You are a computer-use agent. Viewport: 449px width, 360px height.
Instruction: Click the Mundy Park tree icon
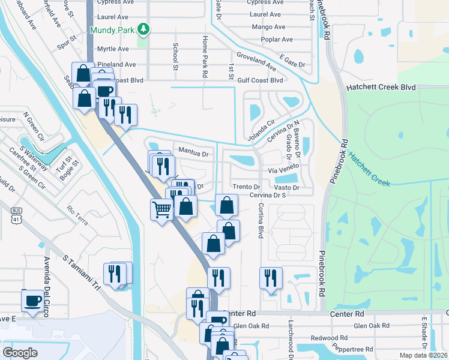(143, 28)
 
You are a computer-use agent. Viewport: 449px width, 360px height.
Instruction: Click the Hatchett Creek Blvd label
(381, 87)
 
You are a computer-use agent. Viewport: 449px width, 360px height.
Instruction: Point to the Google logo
(20, 352)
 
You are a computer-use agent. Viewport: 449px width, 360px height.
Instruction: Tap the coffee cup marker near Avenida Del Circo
(32, 300)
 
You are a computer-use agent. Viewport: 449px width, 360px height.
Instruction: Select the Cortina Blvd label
(261, 219)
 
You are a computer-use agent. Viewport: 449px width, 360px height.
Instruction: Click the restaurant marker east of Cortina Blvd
(271, 278)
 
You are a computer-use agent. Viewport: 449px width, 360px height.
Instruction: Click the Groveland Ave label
(256, 61)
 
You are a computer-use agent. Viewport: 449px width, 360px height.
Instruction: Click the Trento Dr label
(246, 187)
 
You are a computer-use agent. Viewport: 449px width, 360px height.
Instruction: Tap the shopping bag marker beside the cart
(187, 207)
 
